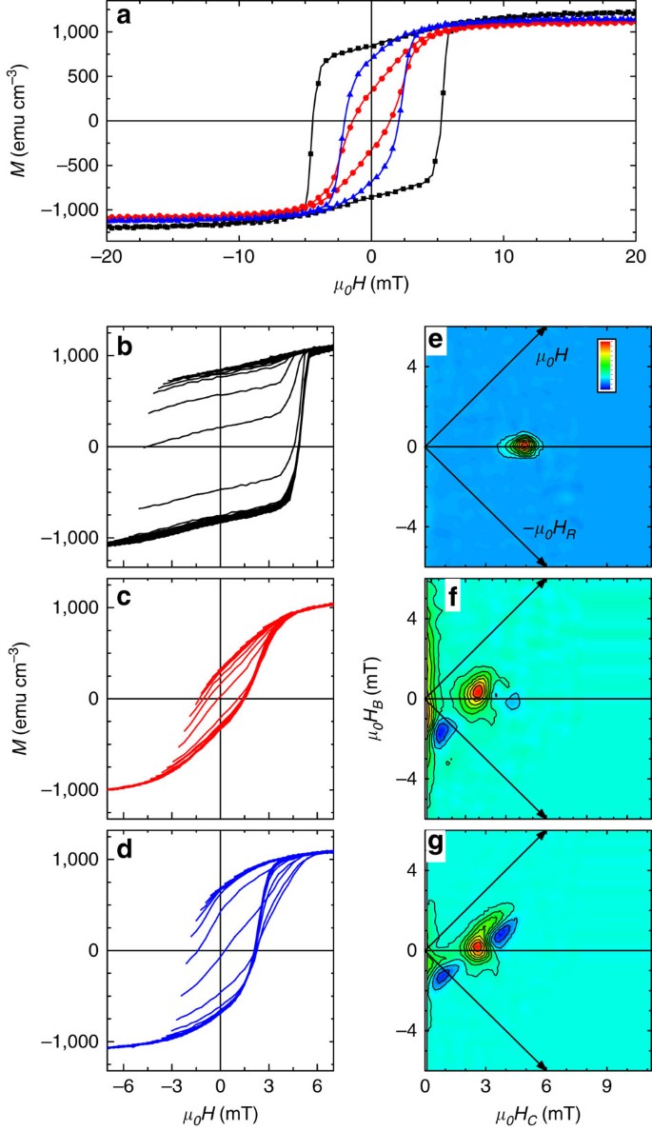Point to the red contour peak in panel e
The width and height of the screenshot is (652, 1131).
(x=524, y=445)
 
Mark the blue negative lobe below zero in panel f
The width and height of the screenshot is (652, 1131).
(x=442, y=733)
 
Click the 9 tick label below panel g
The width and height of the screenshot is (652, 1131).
(x=605, y=1084)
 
